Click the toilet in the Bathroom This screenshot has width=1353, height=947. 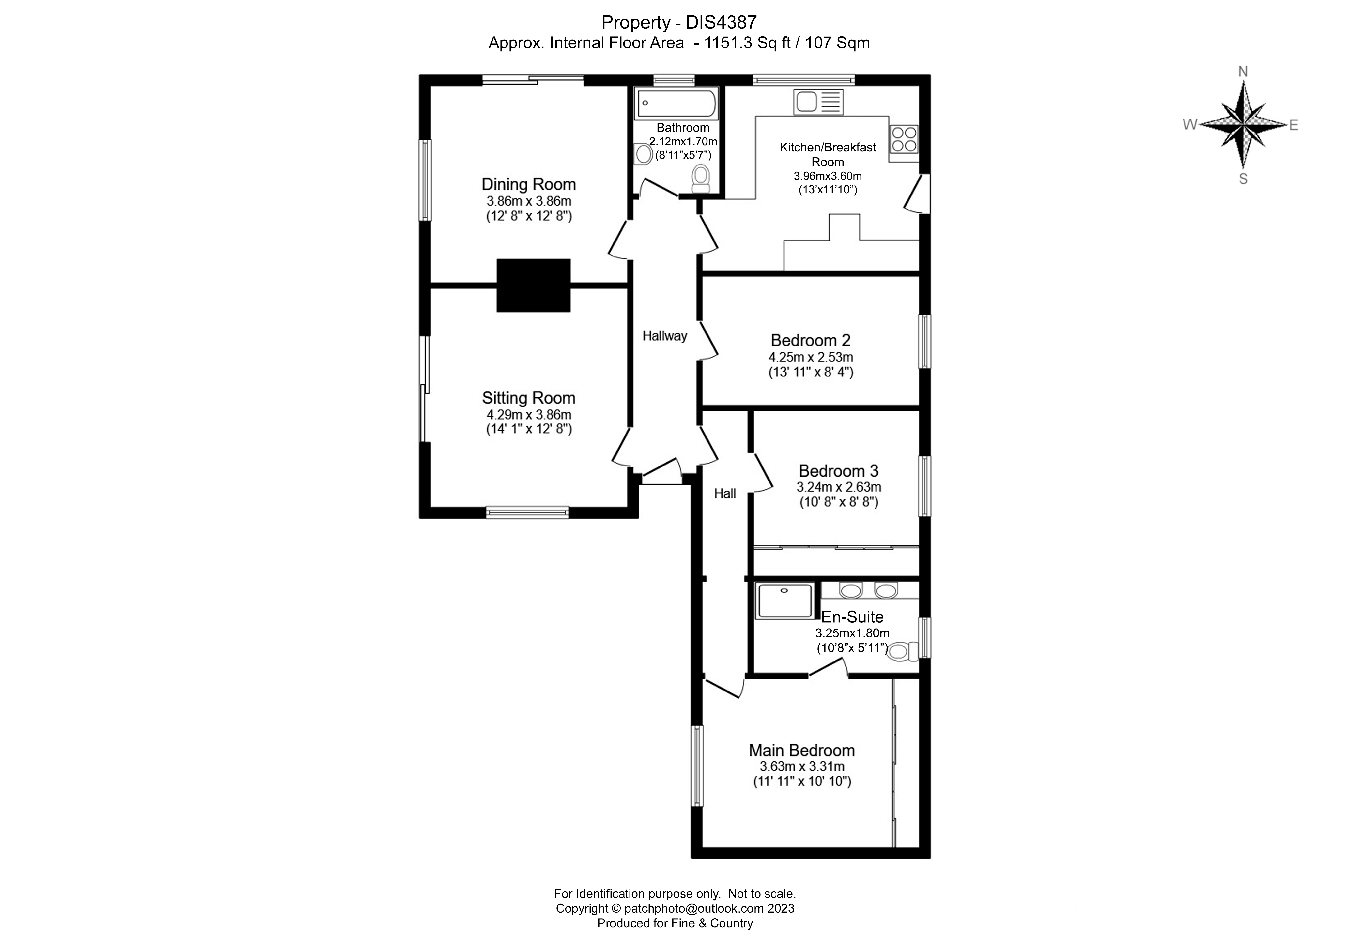[x=701, y=178]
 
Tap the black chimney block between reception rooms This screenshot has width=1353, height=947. [x=533, y=285]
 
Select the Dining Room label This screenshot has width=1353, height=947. [x=529, y=184]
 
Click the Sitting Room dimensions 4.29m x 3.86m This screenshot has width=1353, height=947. [x=529, y=415]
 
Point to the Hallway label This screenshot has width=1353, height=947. [x=665, y=336]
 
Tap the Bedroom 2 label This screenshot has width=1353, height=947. [x=810, y=340]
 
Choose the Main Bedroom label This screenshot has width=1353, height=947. [x=801, y=750]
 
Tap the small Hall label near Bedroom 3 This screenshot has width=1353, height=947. [x=725, y=494]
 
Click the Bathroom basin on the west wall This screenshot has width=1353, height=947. [x=644, y=154]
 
